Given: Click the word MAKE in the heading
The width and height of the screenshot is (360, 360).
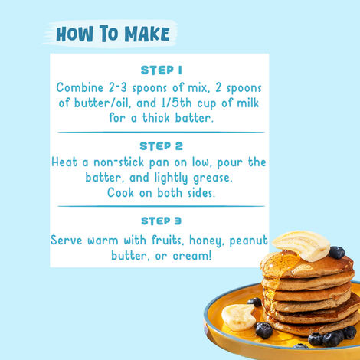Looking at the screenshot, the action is (x=147, y=34).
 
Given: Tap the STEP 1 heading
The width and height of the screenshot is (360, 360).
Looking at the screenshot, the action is (x=161, y=70).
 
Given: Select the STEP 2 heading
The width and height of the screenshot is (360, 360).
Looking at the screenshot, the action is (x=161, y=146).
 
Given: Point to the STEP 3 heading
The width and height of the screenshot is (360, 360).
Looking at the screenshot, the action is (x=161, y=221).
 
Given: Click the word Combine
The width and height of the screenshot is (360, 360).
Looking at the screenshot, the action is (x=80, y=87).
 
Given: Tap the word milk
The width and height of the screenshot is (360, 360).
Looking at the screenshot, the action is (x=248, y=103).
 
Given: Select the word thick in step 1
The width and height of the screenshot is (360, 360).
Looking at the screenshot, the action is (x=155, y=118).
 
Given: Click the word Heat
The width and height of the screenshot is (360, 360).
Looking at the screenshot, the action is (x=64, y=162).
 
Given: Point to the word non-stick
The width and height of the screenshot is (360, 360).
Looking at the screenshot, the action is (x=119, y=162).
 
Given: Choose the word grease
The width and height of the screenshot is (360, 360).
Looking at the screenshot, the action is (x=213, y=178).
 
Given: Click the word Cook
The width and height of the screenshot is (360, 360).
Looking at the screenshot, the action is (x=120, y=192).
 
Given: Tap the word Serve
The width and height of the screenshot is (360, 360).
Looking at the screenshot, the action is (x=67, y=241).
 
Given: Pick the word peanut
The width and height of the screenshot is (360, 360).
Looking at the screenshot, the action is (x=248, y=241).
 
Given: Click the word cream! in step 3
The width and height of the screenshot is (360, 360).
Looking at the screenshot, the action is (x=192, y=256).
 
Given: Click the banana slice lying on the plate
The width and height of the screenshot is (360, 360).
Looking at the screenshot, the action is (x=238, y=316).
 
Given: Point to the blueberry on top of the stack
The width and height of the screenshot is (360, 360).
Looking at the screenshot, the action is (x=336, y=252).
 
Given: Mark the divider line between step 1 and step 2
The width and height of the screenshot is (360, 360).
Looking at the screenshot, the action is (x=161, y=133).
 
